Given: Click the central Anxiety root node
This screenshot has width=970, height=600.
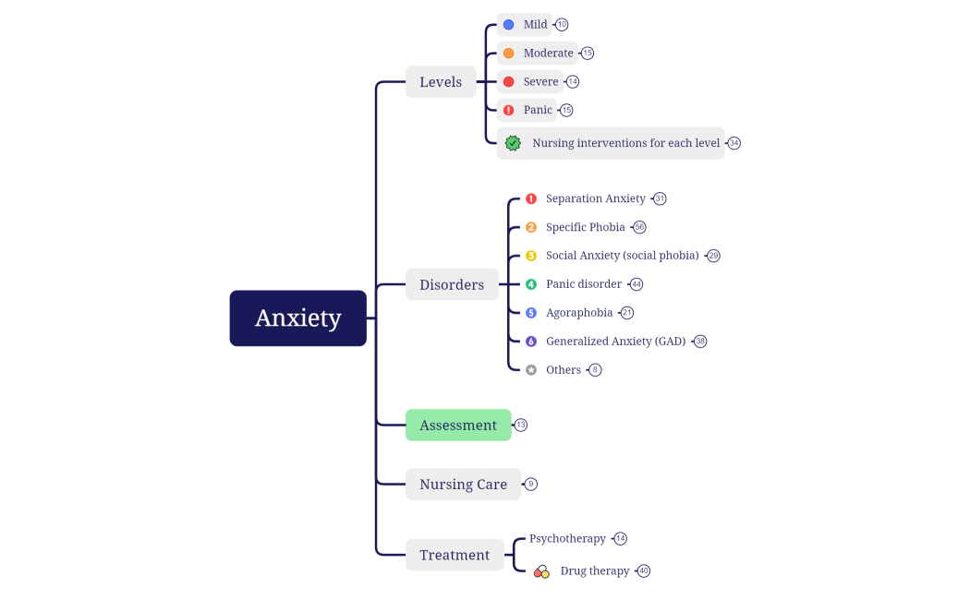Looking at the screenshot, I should tap(297, 318).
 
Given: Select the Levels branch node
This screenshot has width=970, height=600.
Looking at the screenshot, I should tap(441, 82).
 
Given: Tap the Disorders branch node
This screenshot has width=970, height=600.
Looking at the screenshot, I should tap(452, 284).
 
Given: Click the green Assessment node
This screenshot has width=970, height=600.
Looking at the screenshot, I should tap(458, 426).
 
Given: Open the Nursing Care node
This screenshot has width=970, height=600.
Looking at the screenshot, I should tap(463, 485).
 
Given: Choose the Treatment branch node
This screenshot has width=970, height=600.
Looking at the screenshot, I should tap(455, 555).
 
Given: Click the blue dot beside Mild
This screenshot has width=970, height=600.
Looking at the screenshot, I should tap(508, 25).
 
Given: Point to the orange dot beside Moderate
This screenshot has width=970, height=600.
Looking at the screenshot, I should tap(508, 54).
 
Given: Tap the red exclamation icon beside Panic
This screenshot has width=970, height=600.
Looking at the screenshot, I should tap(508, 110).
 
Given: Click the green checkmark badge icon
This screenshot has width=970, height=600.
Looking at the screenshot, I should tap(513, 143).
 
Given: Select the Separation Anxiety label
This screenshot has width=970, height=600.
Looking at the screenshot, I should tap(595, 198).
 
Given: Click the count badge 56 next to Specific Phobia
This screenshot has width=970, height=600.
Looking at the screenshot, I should tap(639, 227).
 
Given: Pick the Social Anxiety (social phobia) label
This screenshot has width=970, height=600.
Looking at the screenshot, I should tap(621, 256).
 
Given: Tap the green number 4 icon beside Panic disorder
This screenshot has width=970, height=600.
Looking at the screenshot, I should tap(531, 284).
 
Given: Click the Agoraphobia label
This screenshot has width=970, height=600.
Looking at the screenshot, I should tap(579, 313).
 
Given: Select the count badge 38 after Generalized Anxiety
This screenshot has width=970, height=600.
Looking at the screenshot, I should tap(700, 342).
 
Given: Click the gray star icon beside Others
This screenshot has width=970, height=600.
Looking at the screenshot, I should tap(531, 370).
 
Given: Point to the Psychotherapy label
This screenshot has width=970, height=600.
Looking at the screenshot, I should tap(567, 538).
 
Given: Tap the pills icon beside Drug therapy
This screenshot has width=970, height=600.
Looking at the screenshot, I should tap(542, 571).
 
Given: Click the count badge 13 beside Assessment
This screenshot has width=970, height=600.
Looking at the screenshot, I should tap(521, 426).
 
